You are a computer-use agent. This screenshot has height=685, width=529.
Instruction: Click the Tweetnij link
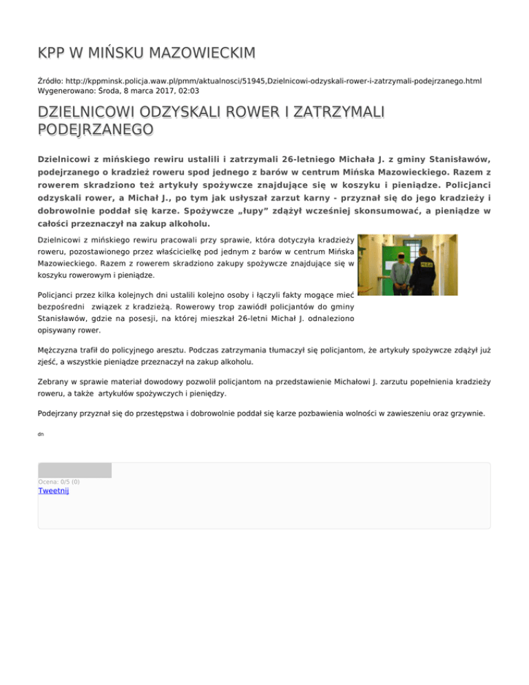pos(54,491)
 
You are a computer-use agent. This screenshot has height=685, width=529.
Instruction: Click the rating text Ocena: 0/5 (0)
pos(59,481)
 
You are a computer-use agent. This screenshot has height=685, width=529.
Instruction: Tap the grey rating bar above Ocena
pos(74,470)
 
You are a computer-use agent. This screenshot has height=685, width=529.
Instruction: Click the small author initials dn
pos(41,435)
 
